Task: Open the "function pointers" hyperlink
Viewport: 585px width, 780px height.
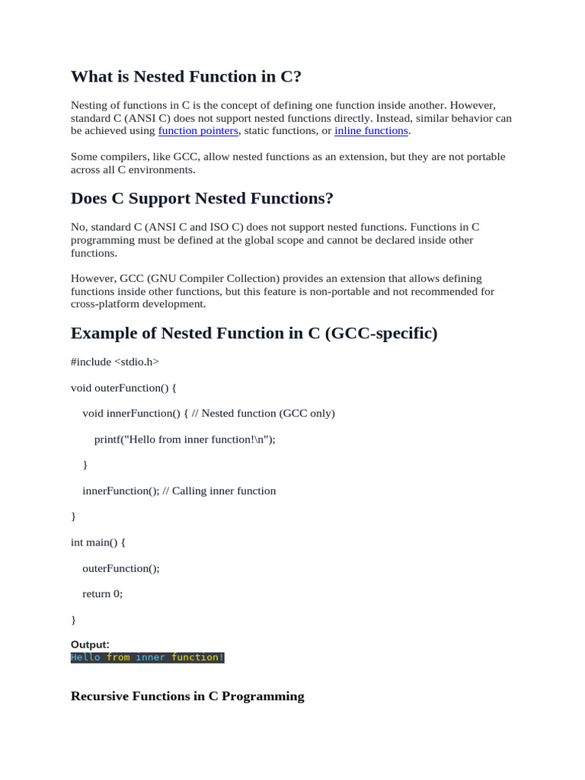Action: [x=198, y=131]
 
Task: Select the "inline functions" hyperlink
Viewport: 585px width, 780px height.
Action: [x=371, y=131]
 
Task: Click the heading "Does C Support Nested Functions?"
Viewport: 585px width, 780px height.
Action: [x=202, y=199]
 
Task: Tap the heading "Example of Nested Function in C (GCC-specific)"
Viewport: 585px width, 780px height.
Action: [x=254, y=334]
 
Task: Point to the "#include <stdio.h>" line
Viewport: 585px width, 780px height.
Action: [x=115, y=362]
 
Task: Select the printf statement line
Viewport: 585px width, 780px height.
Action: [x=184, y=440]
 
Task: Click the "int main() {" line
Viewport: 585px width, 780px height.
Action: [x=98, y=542]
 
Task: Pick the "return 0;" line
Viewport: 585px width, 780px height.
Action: [x=102, y=593]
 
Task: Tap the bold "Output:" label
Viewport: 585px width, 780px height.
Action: [x=90, y=644]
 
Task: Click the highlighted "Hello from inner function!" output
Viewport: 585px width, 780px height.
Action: [x=147, y=657]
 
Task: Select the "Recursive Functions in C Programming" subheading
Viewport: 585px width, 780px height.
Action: [x=187, y=696]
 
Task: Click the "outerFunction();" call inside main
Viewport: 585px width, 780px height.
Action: [x=121, y=568]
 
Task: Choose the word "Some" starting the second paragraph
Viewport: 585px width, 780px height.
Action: [x=84, y=157]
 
